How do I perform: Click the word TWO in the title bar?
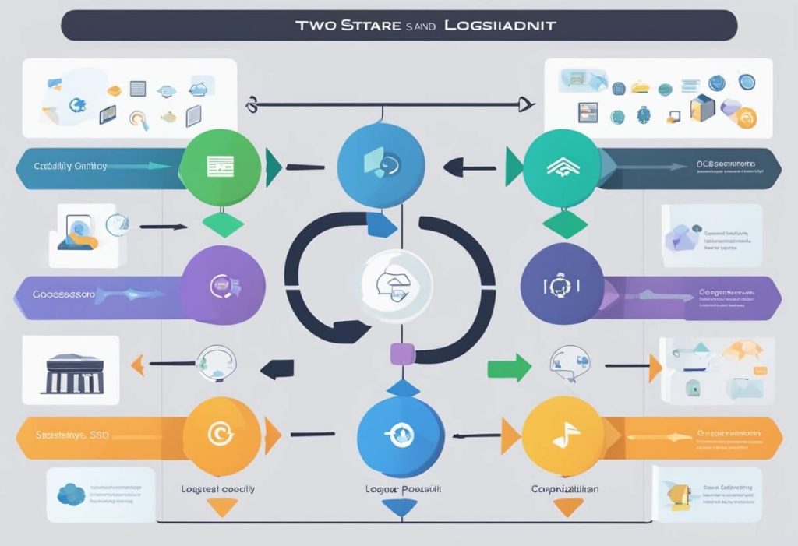(x=316, y=26)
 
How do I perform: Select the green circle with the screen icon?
(x=220, y=165)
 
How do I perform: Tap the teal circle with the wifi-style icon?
(x=562, y=165)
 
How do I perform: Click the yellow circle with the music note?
(x=562, y=435)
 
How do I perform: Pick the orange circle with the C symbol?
(x=221, y=436)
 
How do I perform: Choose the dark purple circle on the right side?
(x=562, y=284)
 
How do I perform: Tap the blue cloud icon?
(x=72, y=493)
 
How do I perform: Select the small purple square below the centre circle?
(x=402, y=354)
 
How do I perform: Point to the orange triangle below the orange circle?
(x=221, y=507)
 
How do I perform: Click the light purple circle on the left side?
(x=222, y=284)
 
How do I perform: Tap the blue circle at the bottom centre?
(x=400, y=433)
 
